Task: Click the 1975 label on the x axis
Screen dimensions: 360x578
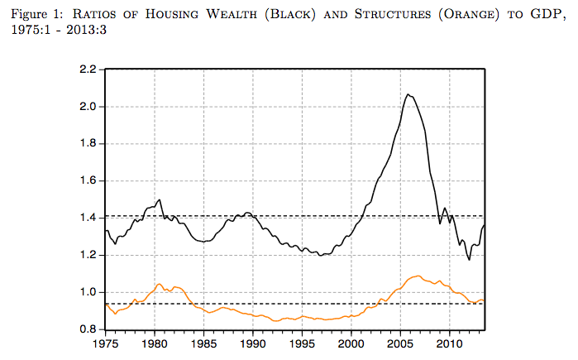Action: tap(106, 343)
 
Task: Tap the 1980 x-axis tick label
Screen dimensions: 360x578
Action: tap(155, 343)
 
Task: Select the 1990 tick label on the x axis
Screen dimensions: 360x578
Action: tap(253, 343)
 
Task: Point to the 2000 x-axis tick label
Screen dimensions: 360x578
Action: tap(351, 343)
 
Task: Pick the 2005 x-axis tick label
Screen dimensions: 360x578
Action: tap(401, 343)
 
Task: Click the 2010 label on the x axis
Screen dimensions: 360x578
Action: tap(450, 343)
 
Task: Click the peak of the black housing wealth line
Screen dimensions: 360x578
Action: tap(408, 94)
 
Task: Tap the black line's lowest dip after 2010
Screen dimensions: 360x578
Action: tap(469, 259)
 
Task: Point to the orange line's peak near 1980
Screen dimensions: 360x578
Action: tap(159, 284)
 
